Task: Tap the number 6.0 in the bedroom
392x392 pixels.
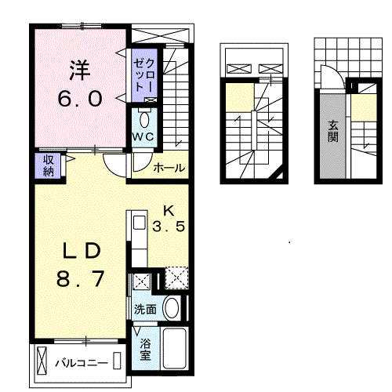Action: point(80,99)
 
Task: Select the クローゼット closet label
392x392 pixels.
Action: point(144,75)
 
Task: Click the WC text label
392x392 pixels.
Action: point(143,136)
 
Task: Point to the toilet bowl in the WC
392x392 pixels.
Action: point(144,120)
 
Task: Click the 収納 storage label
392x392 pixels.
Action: point(49,165)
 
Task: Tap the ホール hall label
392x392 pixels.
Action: point(169,168)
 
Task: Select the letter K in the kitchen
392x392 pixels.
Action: point(169,211)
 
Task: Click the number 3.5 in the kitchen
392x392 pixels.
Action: point(169,227)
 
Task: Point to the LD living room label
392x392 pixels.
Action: point(81,251)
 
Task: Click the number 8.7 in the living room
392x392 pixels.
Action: point(80,278)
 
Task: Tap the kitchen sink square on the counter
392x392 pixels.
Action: point(139,223)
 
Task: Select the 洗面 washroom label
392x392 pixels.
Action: point(145,310)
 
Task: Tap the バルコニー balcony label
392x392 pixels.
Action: point(82,363)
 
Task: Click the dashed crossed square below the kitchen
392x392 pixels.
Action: point(176,278)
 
